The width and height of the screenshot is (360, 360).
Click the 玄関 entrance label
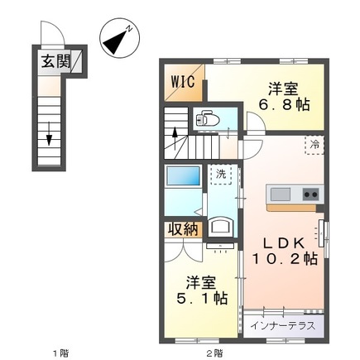coord(55,61)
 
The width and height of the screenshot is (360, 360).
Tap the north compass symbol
coord(119,38)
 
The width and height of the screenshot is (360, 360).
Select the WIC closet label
coord(183,81)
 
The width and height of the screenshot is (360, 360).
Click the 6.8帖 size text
coord(284,104)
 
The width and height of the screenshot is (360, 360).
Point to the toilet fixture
coord(208,120)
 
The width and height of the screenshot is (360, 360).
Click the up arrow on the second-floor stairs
coord(175,138)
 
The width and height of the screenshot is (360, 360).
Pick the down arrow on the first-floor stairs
coord(49,133)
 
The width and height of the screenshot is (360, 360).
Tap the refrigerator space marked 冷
coord(314,145)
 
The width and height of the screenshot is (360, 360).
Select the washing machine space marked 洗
coord(220,175)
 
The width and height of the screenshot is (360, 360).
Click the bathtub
coord(184,175)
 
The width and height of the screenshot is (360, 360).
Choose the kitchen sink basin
coord(281,194)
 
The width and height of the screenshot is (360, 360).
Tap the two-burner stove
coord(311,194)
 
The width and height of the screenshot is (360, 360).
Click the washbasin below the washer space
coord(220,227)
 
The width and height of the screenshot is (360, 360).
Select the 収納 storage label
coord(183,229)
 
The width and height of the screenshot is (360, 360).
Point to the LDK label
coord(284,243)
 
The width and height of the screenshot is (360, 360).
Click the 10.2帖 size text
coord(284,259)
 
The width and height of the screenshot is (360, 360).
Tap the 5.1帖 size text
coord(202,298)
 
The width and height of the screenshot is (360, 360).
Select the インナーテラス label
coord(283,326)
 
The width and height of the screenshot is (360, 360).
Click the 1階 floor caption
coord(60,353)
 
